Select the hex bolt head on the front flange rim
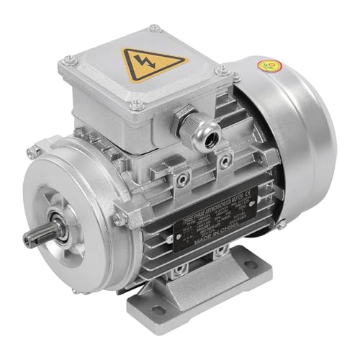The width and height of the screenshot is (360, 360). (x=120, y=216)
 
